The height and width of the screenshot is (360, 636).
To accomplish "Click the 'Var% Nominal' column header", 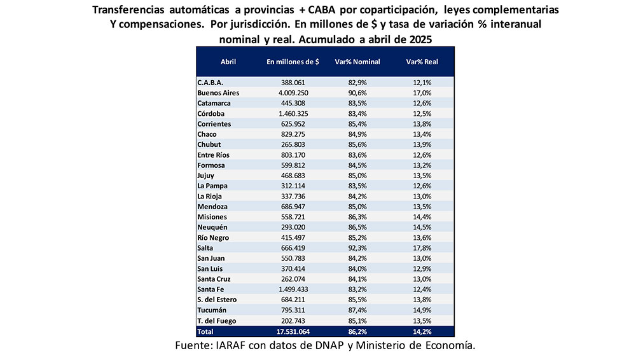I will point(357,62).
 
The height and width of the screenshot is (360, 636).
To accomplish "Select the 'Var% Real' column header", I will point(422,62).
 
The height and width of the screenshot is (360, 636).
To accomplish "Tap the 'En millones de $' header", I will point(293,62).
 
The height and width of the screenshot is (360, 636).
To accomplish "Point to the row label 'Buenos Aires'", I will point(218,93).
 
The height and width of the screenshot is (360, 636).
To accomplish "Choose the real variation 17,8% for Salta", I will point(422,248).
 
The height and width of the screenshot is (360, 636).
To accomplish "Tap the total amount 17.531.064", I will point(293,331).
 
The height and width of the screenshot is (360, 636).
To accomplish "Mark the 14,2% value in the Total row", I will point(422,331).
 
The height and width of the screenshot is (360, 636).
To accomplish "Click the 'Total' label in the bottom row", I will point(206,331).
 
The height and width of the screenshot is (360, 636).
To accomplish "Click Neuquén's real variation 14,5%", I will point(422,227).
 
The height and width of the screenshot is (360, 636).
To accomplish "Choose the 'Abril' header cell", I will point(228,62).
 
